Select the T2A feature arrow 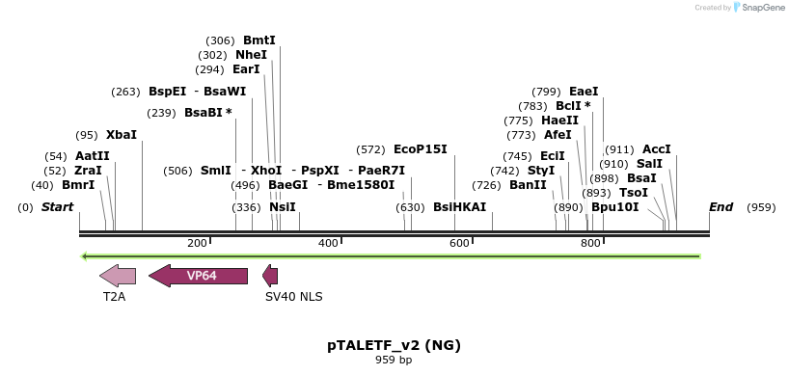(x=118, y=276)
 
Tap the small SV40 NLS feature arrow (x=270, y=277)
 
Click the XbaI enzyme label (x=122, y=135)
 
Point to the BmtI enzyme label (x=259, y=40)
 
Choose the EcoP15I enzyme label (x=421, y=149)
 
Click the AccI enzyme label (x=657, y=149)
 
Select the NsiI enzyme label (x=283, y=207)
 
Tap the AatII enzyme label (x=93, y=156)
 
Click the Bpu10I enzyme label (x=615, y=207)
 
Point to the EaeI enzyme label (x=584, y=92)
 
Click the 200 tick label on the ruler (x=198, y=243)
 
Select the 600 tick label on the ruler (x=460, y=243)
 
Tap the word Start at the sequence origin (x=58, y=207)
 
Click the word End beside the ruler (x=721, y=207)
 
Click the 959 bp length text (x=394, y=361)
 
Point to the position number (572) (x=370, y=149)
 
